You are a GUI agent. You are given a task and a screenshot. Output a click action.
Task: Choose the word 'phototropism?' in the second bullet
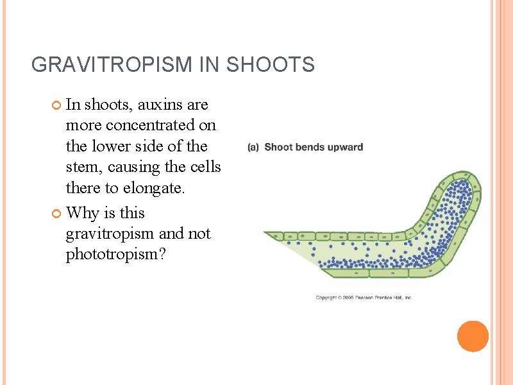pyautogui.click(x=115, y=255)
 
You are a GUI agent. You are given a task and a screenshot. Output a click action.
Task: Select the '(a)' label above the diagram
pyautogui.click(x=253, y=147)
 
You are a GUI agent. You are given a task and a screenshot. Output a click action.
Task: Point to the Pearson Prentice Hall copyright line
pyautogui.click(x=364, y=298)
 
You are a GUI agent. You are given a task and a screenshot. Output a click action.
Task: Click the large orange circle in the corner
pyautogui.click(x=473, y=336)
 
